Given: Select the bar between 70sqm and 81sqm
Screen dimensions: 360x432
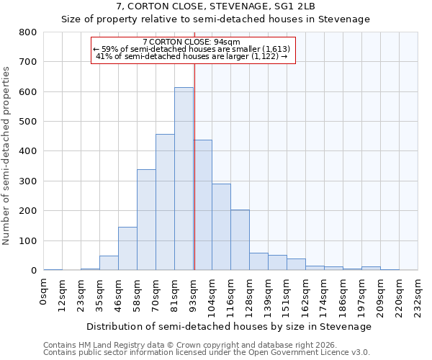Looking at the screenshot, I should coord(165,202).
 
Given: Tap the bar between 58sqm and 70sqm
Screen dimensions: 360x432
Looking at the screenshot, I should coord(146,220).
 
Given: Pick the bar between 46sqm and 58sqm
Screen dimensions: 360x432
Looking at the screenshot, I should coord(127,248).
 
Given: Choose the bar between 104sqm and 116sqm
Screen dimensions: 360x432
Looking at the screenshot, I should coord(221,227).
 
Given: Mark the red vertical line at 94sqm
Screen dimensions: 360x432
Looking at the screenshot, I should coord(194,166).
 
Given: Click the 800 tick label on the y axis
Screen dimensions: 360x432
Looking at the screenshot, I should coord(28,32).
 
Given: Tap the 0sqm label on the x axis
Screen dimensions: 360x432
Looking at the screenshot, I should coord(44,291).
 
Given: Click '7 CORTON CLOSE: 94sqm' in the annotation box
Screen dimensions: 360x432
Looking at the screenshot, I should coord(192,42).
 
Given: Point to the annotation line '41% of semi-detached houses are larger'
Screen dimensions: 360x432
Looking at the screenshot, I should coord(192,56).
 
